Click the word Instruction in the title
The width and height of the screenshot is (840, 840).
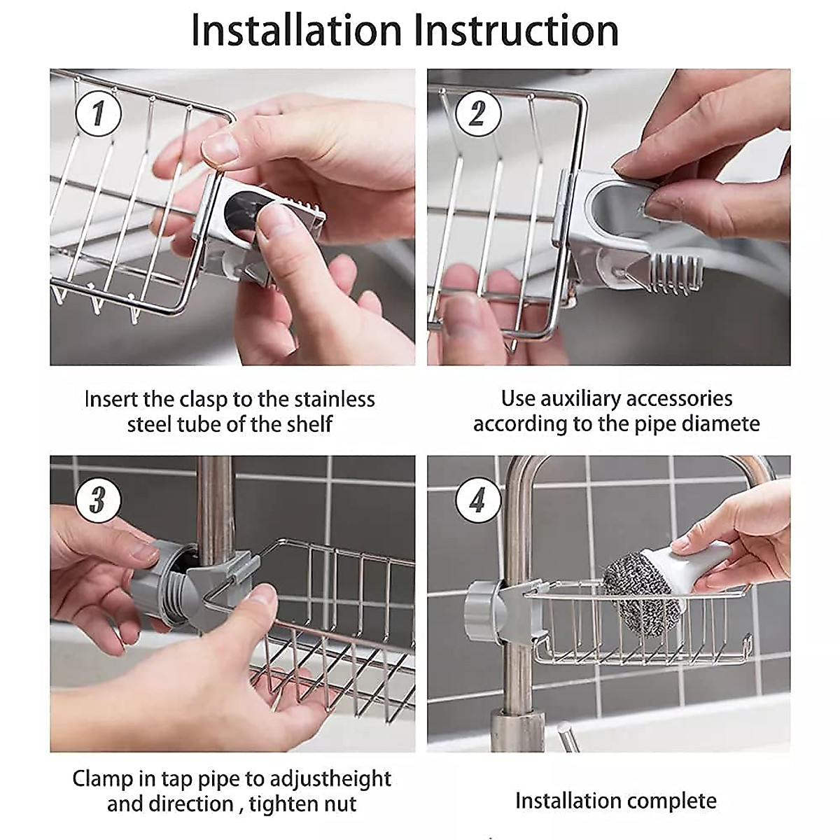point(516,31)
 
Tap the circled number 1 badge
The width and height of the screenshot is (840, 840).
point(98,113)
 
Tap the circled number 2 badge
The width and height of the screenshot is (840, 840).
point(477,113)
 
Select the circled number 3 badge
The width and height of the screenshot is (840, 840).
point(98,500)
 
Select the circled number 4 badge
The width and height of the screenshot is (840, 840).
point(477,500)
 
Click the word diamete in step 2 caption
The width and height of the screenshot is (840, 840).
point(721,424)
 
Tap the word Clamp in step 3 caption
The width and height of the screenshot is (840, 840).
point(102,778)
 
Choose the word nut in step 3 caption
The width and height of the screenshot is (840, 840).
point(339,804)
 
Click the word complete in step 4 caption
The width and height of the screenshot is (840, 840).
point(674,801)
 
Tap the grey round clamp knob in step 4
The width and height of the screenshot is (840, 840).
point(483,603)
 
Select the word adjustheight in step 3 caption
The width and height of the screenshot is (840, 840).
point(331,778)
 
